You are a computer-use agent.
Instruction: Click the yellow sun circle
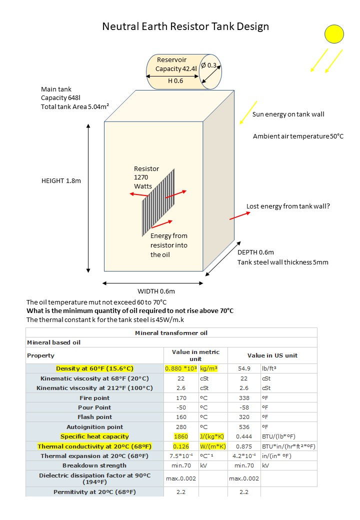click(334, 33)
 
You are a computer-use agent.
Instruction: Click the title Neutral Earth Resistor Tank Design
click(185, 26)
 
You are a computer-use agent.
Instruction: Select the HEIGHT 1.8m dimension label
click(61, 181)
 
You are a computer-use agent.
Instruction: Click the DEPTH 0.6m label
click(255, 252)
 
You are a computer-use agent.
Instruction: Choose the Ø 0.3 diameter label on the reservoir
click(209, 65)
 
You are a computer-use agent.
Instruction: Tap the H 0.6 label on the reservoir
click(175, 80)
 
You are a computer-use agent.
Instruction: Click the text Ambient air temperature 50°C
click(298, 136)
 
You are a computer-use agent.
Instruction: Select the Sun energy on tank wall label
click(288, 114)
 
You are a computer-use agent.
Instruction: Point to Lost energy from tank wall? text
click(288, 206)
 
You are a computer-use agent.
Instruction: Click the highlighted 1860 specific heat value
click(181, 436)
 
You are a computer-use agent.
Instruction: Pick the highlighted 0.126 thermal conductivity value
click(181, 446)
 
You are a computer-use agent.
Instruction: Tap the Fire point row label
click(94, 398)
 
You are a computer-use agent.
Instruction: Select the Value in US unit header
click(272, 355)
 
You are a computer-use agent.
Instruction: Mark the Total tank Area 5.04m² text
click(75, 106)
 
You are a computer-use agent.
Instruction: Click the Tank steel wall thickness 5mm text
click(283, 262)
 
